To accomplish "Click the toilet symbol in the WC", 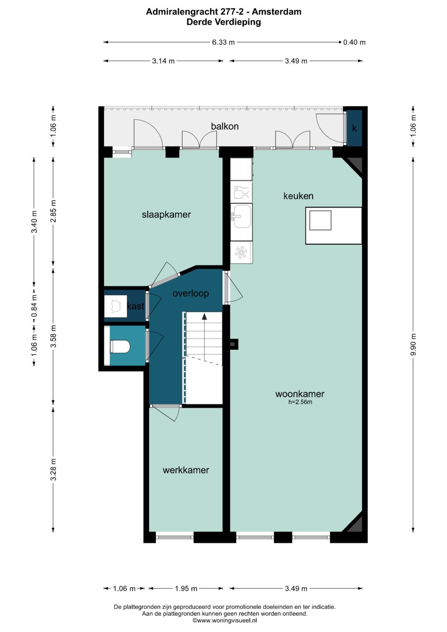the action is point(120,346).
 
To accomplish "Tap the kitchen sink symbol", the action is point(241,216).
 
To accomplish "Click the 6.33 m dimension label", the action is point(223,42).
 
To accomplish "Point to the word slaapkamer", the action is point(166,215).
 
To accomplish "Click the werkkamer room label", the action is point(186,470).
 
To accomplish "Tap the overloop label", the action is point(191,293).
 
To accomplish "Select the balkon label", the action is point(225,126).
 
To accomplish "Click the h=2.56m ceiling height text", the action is point(300,402).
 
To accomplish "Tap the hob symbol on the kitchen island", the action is point(320,220).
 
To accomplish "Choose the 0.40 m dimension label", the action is point(354,42).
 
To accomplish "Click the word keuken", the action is point(298,196).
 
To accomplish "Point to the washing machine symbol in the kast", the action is point(115,306).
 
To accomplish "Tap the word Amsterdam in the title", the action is point(276,12).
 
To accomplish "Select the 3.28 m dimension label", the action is point(53,470).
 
